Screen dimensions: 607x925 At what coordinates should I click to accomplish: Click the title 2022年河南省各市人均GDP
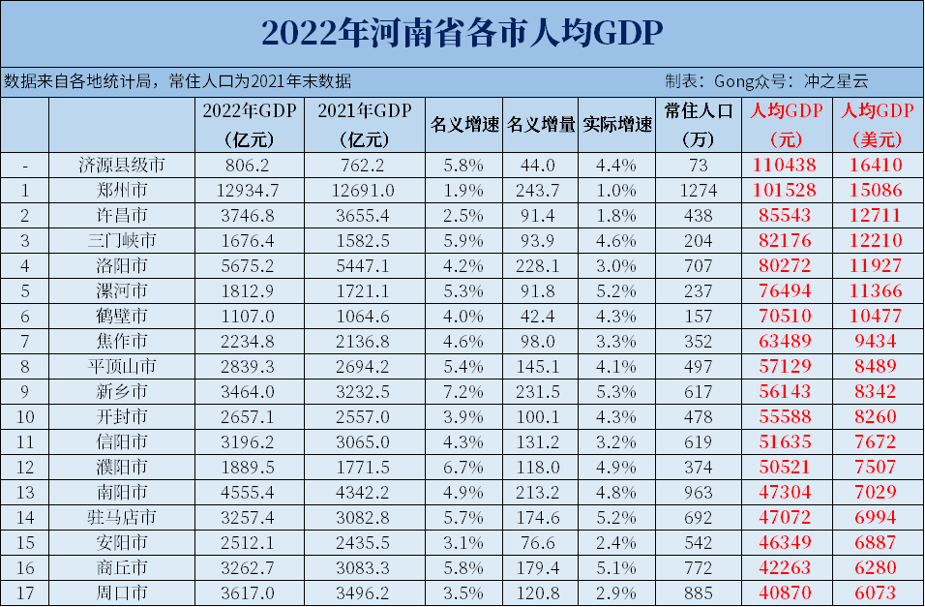click(x=462, y=33)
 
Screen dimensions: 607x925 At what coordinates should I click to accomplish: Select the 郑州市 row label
click(x=121, y=191)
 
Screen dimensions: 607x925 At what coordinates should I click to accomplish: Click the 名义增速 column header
click(x=464, y=125)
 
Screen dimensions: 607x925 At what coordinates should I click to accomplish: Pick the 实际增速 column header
click(x=617, y=125)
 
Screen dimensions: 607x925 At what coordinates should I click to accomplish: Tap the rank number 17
click(x=24, y=592)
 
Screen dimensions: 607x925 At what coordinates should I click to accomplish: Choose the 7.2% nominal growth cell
click(x=464, y=391)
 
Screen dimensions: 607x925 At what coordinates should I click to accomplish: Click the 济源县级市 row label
click(x=121, y=166)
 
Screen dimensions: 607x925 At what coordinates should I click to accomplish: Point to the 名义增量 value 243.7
click(x=540, y=191)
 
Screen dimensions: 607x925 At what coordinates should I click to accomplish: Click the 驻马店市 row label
click(x=121, y=517)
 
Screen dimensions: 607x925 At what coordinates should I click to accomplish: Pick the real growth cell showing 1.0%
click(x=617, y=191)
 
